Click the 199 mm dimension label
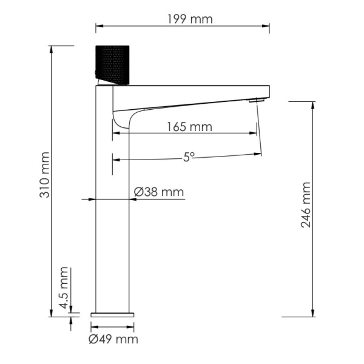[x=190, y=19]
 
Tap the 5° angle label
[x=189, y=157]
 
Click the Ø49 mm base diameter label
[x=113, y=339]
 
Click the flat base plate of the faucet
[x=113, y=314]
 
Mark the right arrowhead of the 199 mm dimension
[x=267, y=25]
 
